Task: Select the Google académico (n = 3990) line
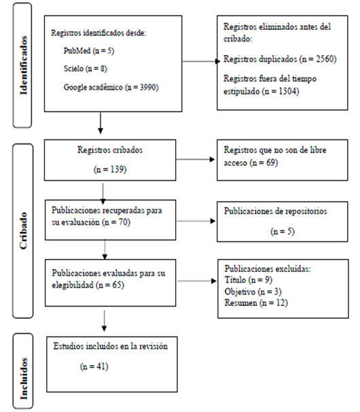click(111, 86)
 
